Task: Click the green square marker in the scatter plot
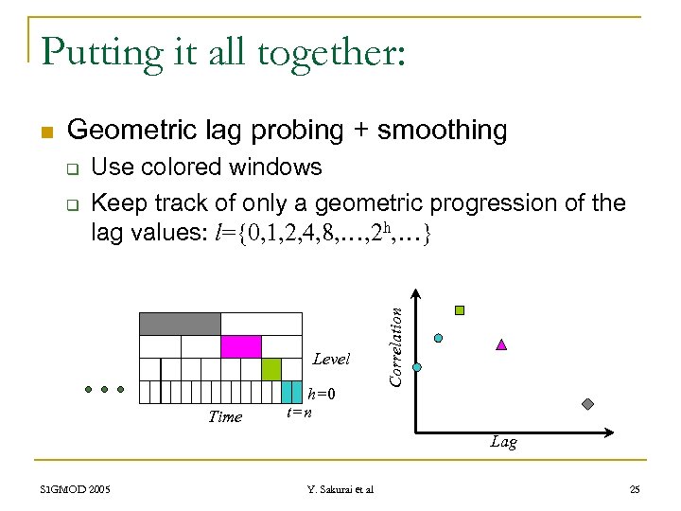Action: click(x=460, y=309)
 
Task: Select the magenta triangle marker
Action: click(x=501, y=344)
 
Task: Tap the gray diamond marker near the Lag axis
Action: click(x=587, y=404)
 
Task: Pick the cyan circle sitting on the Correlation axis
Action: click(x=417, y=367)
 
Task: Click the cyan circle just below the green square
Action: click(x=438, y=337)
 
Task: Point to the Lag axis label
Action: click(x=503, y=442)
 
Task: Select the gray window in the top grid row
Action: click(x=180, y=324)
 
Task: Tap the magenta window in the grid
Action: click(x=240, y=346)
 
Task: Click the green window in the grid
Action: click(x=271, y=368)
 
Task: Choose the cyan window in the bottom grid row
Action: click(x=290, y=391)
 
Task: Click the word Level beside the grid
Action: click(x=331, y=360)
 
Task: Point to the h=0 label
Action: click(x=323, y=394)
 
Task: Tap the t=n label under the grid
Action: click(x=299, y=411)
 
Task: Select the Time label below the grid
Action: click(x=225, y=416)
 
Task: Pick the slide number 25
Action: click(x=634, y=489)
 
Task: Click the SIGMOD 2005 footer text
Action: click(x=76, y=489)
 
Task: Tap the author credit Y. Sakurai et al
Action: click(x=340, y=489)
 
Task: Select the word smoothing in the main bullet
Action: click(x=442, y=130)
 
